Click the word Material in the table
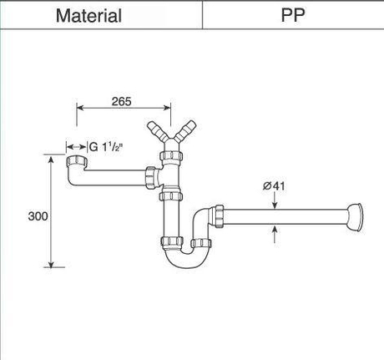88,16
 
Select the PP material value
293,15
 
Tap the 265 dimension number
122,101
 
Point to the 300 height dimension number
38,216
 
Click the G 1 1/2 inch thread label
106,147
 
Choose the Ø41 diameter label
274,186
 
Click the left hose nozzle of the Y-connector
157,131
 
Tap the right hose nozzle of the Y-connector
185,130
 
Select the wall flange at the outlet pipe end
356,217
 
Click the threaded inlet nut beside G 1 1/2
77,161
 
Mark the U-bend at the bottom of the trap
186,256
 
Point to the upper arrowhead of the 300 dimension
51,160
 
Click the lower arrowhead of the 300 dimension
51,264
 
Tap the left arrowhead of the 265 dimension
80,108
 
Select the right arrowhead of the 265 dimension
167,108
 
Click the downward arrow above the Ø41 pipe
275,201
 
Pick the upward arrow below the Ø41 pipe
275,234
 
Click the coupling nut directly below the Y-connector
171,156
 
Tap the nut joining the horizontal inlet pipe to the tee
150,177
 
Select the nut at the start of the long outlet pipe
220,216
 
